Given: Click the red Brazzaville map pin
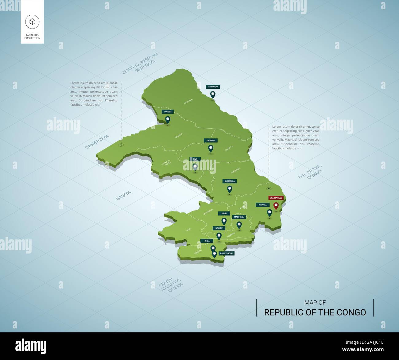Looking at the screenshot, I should pyautogui.click(x=276, y=206).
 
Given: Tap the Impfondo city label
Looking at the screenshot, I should pyautogui.click(x=213, y=87).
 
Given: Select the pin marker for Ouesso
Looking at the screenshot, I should pyautogui.click(x=168, y=119).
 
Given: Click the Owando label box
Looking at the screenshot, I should pyautogui.click(x=211, y=140).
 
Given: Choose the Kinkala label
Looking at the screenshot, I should pyautogui.click(x=262, y=205).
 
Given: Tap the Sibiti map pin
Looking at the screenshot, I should pyautogui.click(x=224, y=221).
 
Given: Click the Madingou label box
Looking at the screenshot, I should pyautogui.click(x=239, y=217).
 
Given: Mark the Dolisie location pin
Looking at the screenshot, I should pyautogui.click(x=219, y=236).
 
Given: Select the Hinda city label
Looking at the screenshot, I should pyautogui.click(x=207, y=241).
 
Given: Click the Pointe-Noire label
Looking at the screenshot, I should pyautogui.click(x=227, y=253).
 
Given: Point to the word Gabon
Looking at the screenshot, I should pyautogui.click(x=123, y=195).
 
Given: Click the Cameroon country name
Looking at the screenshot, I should pyautogui.click(x=97, y=141).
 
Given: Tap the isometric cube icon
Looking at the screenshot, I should pyautogui.click(x=32, y=21).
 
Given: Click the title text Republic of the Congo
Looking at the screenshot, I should pyautogui.click(x=315, y=312).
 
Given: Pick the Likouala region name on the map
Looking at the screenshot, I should pyautogui.click(x=188, y=102).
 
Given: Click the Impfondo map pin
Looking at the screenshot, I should pyautogui.click(x=213, y=94).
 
